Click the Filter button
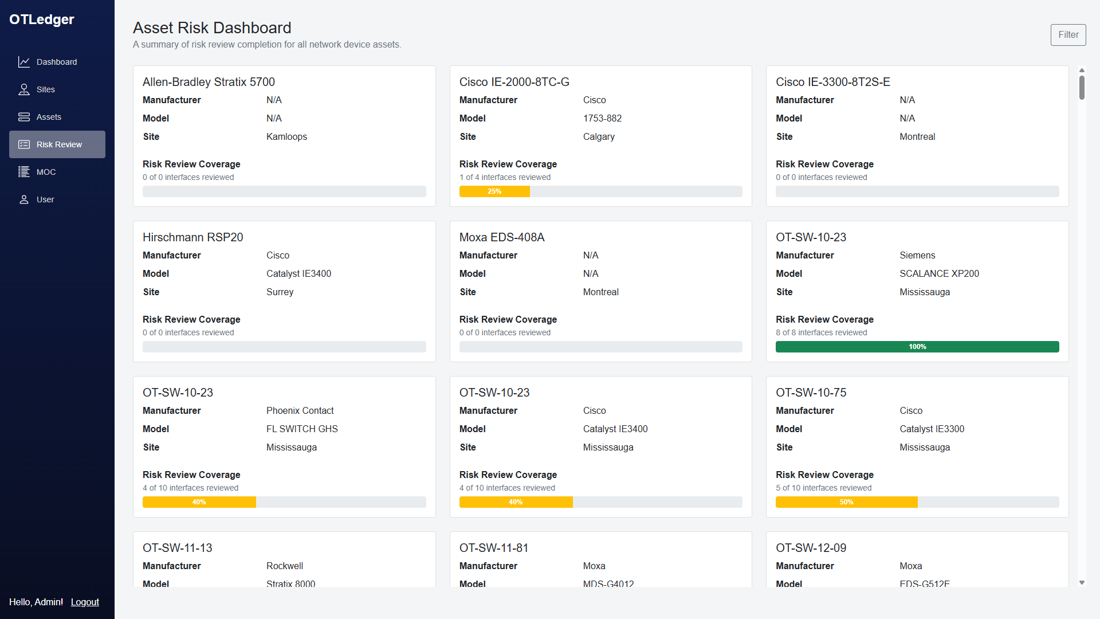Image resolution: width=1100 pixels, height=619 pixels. [1068, 35]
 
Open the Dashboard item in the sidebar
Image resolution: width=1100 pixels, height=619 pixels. [56, 62]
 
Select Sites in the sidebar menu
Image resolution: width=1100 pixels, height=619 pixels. [45, 89]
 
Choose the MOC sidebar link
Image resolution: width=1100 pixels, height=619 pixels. [46, 172]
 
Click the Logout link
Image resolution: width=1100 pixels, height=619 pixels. [85, 602]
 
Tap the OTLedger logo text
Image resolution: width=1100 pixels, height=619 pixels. [42, 19]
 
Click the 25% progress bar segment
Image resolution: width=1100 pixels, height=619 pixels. [494, 191]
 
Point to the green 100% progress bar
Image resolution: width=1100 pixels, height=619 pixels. [917, 347]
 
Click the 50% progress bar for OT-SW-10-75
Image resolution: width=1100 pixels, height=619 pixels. [846, 502]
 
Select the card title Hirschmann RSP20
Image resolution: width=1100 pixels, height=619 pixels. [192, 237]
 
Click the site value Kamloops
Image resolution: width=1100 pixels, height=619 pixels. [286, 136]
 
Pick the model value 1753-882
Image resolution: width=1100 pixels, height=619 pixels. [602, 118]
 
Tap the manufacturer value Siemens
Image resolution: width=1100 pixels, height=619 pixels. [917, 255]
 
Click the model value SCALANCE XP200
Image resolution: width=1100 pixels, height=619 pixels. [939, 273]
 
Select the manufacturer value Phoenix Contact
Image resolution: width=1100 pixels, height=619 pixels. [300, 410]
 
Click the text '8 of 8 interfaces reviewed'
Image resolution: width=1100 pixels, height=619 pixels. [821, 332]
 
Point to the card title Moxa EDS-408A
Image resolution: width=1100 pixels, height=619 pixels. [501, 237]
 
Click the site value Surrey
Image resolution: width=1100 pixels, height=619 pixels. [280, 292]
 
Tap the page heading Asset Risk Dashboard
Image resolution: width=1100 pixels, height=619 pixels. [212, 28]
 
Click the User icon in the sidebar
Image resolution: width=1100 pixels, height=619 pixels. [24, 199]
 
